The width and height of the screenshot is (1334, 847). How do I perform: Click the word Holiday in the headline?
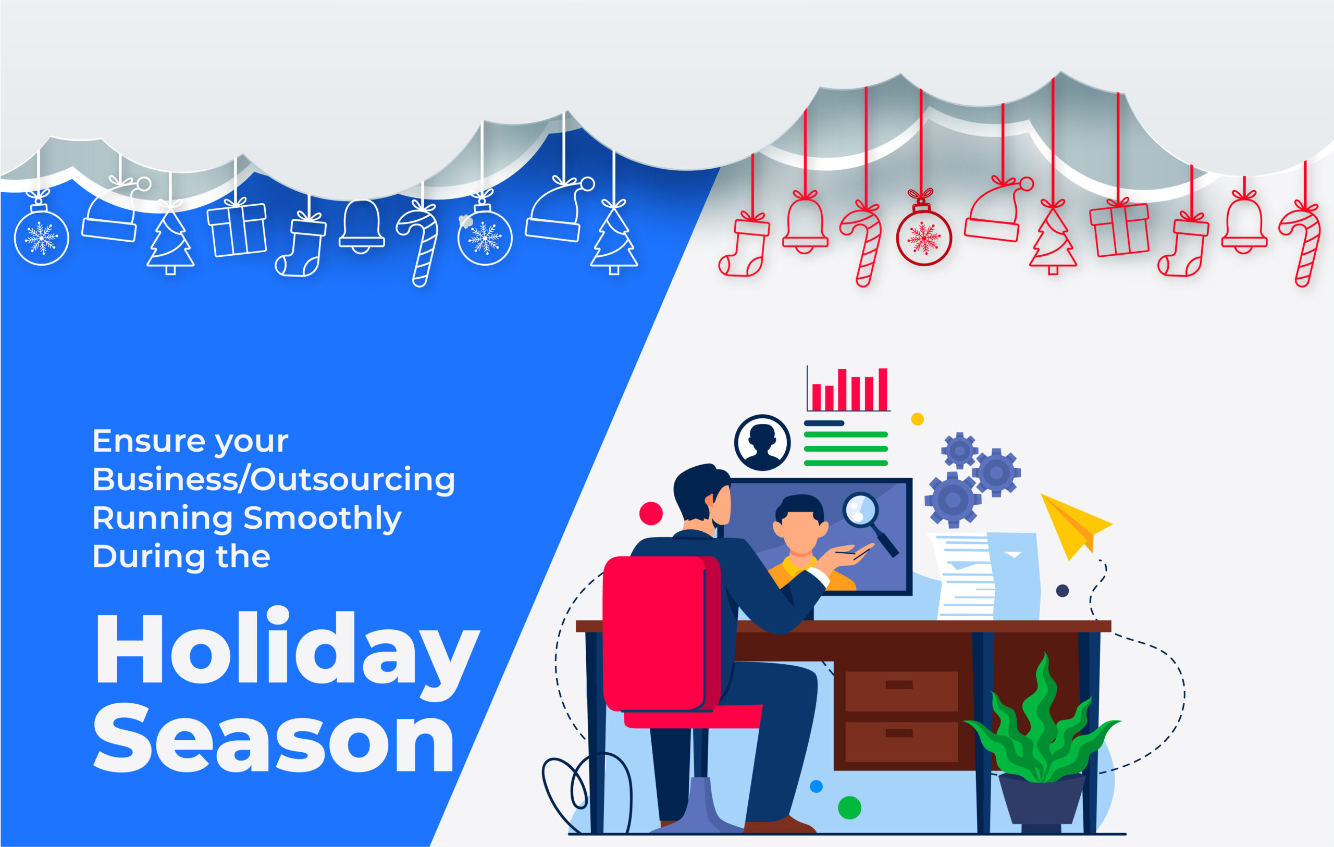288,653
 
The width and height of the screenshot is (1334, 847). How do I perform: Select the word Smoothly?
323,519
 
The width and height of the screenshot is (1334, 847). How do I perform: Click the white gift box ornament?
237,227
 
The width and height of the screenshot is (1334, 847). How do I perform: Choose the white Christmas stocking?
301,244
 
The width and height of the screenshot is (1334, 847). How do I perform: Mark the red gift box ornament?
1119,227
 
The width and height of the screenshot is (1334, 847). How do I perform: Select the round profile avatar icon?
762,443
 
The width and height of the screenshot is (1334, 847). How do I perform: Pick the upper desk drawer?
901,691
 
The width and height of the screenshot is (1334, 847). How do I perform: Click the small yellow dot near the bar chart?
918,419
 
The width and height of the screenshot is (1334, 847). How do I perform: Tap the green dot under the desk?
849,807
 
